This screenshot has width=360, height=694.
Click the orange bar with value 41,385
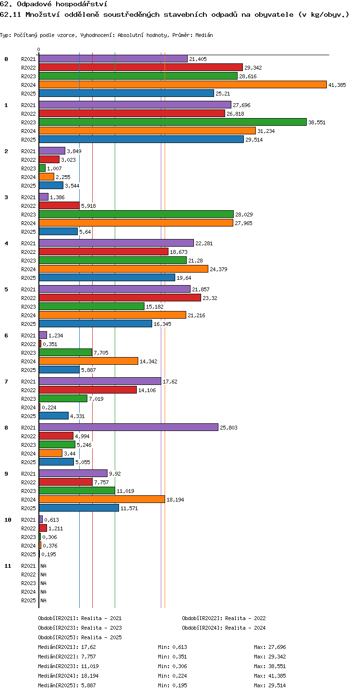point(183,84)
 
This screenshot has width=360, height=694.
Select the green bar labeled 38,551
point(173,122)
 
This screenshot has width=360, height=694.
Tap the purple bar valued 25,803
point(129,427)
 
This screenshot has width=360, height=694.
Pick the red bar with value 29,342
point(141,67)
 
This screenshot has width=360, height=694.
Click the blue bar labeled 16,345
point(96,324)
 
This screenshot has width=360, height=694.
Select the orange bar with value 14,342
point(89,361)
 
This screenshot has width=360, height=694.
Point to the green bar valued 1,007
point(42,168)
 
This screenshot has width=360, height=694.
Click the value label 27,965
point(243,223)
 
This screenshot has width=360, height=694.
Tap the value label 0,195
point(49,554)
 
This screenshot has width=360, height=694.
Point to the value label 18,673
point(179,252)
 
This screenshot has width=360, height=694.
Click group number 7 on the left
point(6,382)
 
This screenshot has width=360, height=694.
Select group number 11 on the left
point(8,566)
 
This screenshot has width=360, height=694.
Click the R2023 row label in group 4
point(28,261)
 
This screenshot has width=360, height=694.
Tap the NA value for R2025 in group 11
point(43,600)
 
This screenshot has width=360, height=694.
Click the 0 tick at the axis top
point(39,49)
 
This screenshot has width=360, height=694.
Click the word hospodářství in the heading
point(82,4)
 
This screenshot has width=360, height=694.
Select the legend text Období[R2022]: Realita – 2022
point(224,618)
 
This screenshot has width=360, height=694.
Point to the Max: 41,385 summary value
point(270,676)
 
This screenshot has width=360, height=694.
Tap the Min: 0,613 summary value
point(173,647)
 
